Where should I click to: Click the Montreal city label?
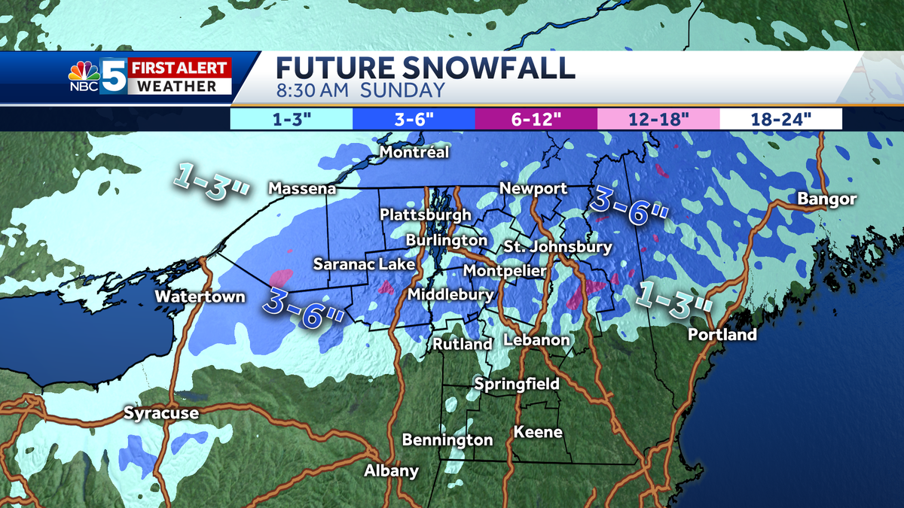(x=414, y=153)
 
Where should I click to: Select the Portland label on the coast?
(x=722, y=335)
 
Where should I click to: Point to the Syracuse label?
(x=161, y=413)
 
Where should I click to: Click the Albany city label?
(x=391, y=471)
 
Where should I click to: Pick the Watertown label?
(x=200, y=297)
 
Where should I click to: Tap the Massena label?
(x=302, y=188)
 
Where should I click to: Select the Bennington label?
(x=447, y=440)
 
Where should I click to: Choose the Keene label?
(x=538, y=432)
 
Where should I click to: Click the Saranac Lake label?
(x=364, y=264)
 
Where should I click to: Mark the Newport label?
(x=534, y=188)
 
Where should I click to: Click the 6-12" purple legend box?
(x=536, y=119)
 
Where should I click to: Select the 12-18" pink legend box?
(x=658, y=119)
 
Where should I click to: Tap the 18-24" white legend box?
(x=780, y=119)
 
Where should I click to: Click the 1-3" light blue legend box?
(x=291, y=119)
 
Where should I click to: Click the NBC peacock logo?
(x=84, y=73)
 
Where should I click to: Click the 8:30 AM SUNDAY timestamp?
(x=360, y=92)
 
